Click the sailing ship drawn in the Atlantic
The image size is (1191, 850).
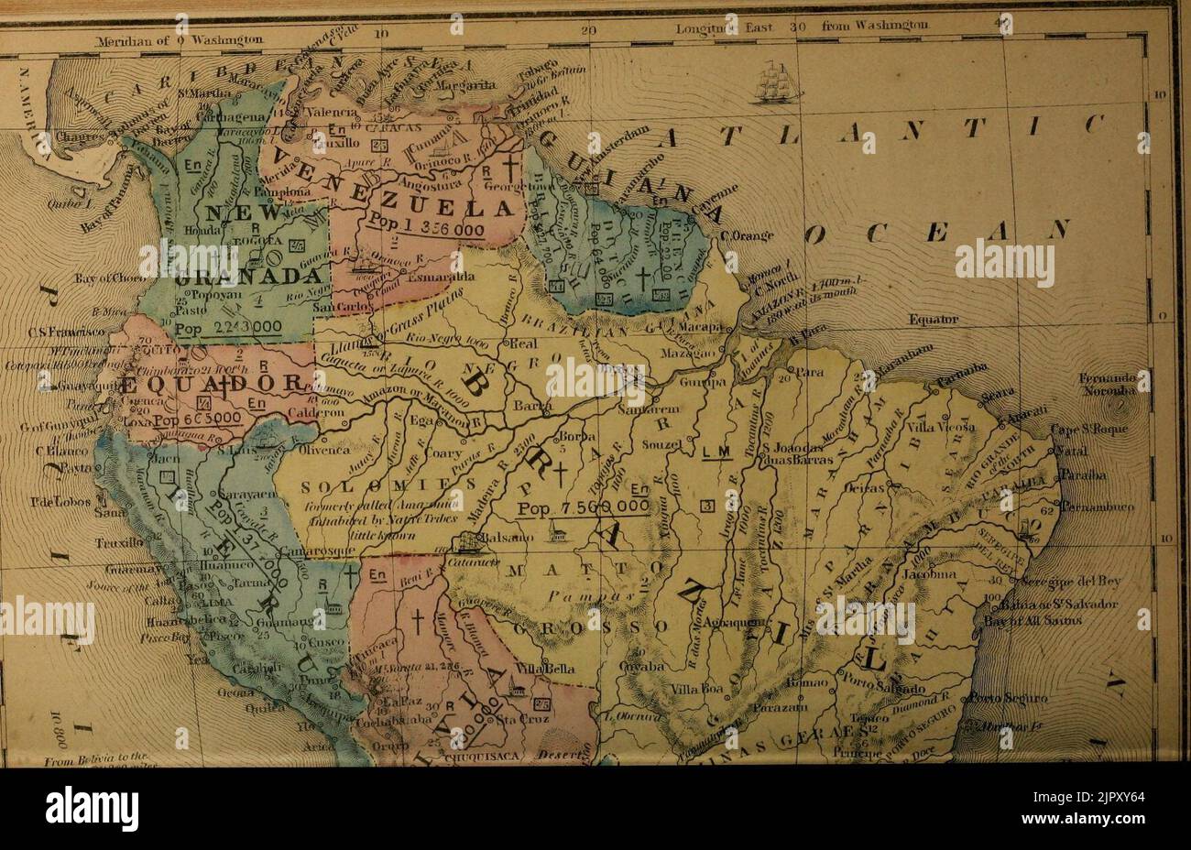776,82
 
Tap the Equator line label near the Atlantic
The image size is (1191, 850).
933,321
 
